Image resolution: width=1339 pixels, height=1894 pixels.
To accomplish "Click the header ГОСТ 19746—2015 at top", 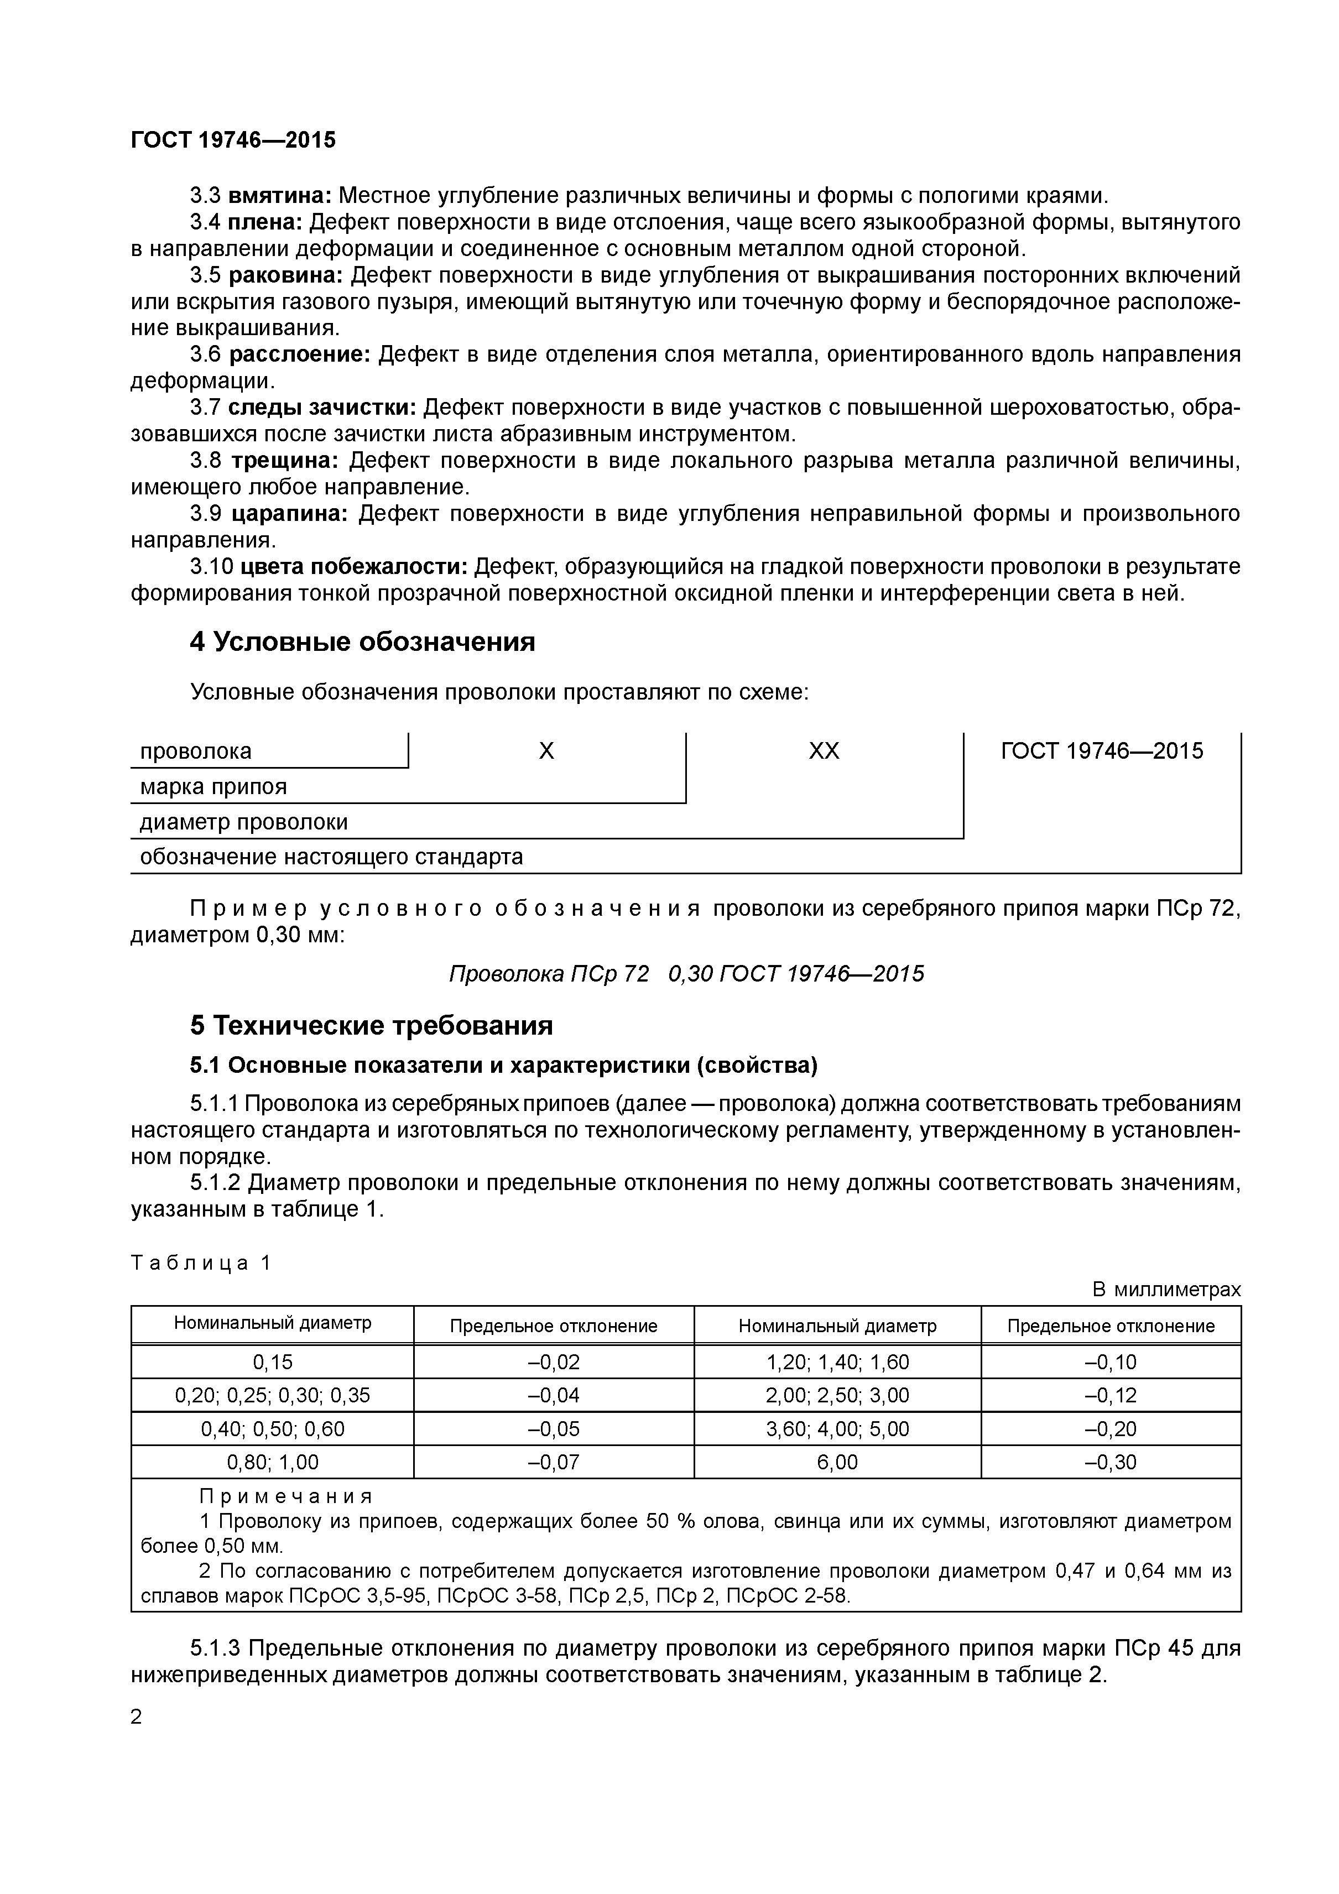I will [233, 140].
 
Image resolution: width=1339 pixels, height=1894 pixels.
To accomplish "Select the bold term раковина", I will [285, 275].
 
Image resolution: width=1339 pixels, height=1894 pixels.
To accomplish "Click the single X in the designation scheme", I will [546, 750].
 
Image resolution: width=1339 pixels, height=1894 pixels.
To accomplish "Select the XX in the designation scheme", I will [824, 750].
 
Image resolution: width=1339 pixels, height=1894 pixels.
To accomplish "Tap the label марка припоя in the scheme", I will [213, 786].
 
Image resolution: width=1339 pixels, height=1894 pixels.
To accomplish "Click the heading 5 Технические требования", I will [371, 1025].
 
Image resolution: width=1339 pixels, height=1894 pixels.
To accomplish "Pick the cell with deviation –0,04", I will [554, 1395].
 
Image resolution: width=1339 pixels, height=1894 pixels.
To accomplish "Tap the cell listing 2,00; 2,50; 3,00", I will [837, 1395].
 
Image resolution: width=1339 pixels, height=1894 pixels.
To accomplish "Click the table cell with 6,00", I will [837, 1462].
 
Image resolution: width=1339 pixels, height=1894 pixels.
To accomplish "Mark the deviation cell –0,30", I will [1111, 1462].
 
